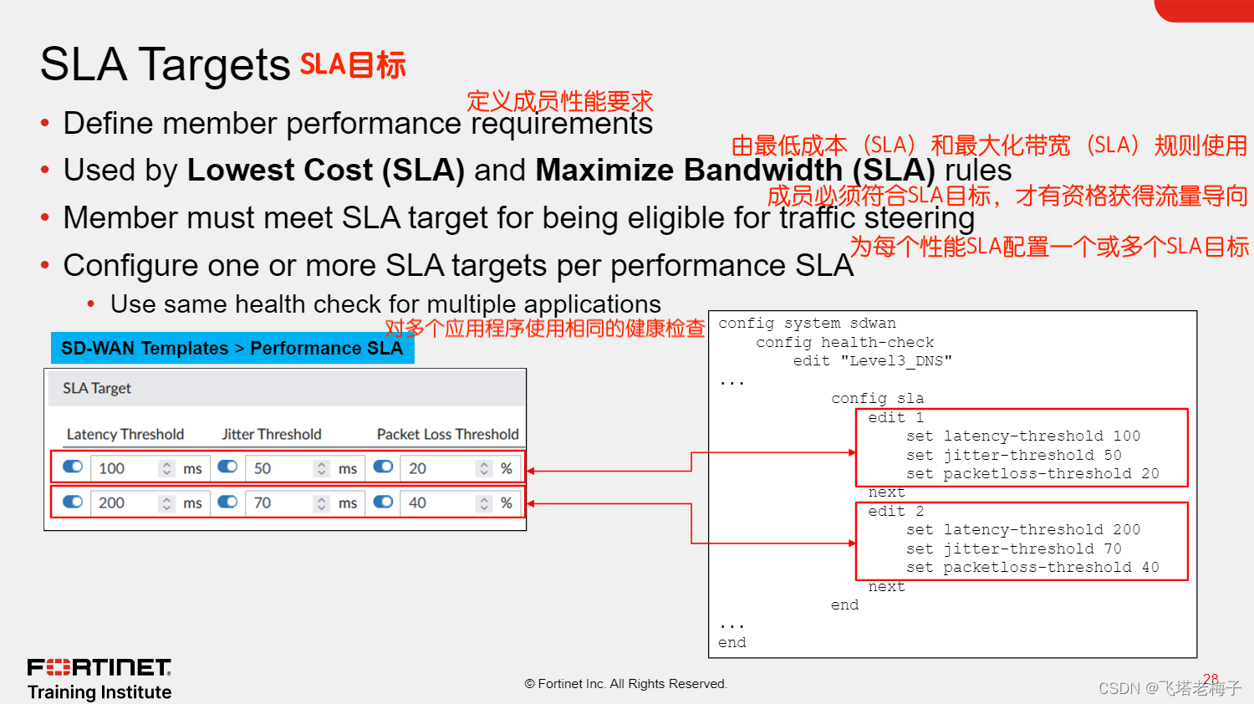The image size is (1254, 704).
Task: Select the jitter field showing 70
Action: (x=281, y=502)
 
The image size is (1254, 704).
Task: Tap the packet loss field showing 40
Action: (x=436, y=502)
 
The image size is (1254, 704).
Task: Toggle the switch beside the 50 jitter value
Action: (x=227, y=467)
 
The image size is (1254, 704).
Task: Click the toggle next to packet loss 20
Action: (x=383, y=467)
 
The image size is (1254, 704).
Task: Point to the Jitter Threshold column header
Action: (x=272, y=434)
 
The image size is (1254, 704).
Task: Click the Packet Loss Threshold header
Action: (x=447, y=434)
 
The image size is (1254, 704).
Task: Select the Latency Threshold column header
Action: (x=125, y=434)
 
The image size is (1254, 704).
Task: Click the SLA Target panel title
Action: (x=97, y=388)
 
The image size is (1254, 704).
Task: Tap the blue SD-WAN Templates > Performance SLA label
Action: (x=232, y=348)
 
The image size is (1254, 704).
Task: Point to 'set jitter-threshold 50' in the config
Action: (x=1013, y=455)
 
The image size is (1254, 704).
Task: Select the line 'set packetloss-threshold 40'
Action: (x=1032, y=567)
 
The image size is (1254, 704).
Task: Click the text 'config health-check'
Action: (x=845, y=342)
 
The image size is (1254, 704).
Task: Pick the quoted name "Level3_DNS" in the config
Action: (x=896, y=360)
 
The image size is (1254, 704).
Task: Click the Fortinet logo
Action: (x=99, y=667)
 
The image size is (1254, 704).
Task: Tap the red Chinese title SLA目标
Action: (x=353, y=65)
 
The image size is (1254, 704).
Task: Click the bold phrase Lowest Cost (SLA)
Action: (x=325, y=170)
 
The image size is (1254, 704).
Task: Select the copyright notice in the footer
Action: (x=626, y=684)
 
